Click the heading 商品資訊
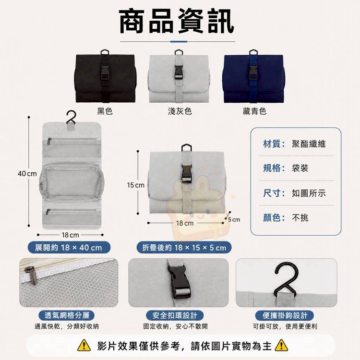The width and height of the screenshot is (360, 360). pos(177,22)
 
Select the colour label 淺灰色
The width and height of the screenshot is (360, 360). pos(180,111)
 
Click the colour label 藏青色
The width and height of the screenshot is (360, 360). pos(254,111)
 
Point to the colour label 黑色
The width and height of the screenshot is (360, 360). pos(105,111)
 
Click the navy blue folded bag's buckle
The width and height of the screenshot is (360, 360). pos(253,72)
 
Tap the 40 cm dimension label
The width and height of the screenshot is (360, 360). pos(27,174)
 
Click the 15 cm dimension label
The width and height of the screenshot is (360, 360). pos(136,185)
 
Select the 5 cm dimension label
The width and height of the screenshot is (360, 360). pos(234,220)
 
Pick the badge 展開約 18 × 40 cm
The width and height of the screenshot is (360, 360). pos(69,248)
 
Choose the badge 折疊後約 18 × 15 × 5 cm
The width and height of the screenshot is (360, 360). pos(184,248)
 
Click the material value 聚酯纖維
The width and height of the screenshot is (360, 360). pos(309,144)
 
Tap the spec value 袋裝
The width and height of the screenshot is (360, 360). pos(300,168)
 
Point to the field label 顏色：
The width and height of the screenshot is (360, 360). pos(274,217)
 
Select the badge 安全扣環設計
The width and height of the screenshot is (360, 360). pos(175,315)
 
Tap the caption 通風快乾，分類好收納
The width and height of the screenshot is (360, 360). pos(67,326)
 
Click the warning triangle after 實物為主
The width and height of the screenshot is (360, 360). pos(281,346)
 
